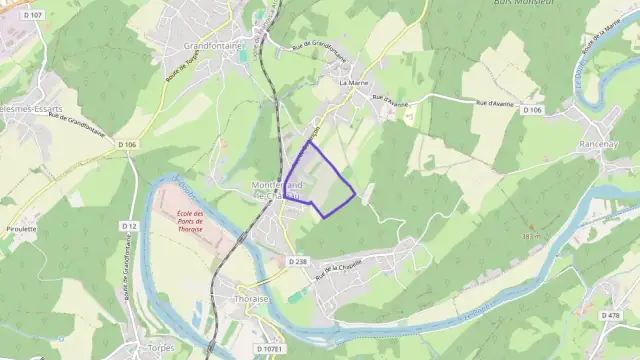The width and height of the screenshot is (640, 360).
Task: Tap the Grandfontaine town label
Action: pos(214,46)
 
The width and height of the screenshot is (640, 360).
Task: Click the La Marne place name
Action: pos(355,83)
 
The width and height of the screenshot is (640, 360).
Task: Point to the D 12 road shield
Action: pos(129,226)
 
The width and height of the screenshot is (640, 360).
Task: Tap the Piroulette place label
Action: pos(20,228)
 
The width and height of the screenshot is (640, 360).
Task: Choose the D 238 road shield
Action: pos(298,261)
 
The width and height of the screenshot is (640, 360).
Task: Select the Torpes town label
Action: pos(160,348)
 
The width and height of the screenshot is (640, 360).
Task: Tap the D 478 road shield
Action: pos(611,315)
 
